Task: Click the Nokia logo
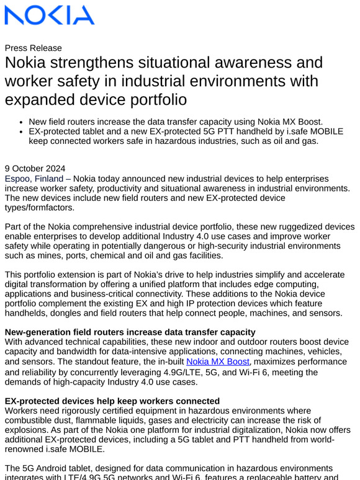pyautogui.click(x=50, y=15)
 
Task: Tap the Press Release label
pyautogui.click(x=34, y=48)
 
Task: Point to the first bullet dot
pyautogui.click(x=22, y=122)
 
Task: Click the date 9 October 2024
pyautogui.click(x=35, y=169)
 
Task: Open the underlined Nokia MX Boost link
pyautogui.click(x=218, y=362)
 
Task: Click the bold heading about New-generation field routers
pyautogui.click(x=130, y=332)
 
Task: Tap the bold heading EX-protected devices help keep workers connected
pyautogui.click(x=112, y=401)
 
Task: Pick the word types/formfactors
pyautogui.click(x=40, y=208)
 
